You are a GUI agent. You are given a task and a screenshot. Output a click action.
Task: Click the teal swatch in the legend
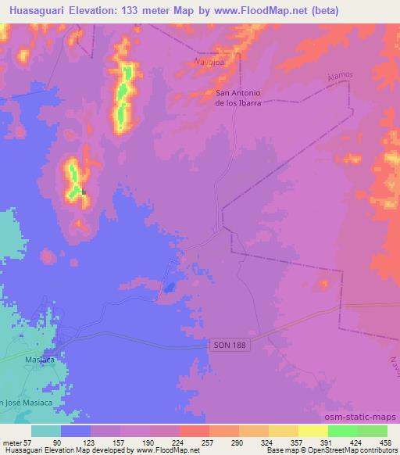[x=46, y=431]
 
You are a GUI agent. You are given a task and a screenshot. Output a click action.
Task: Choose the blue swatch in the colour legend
[x=76, y=431]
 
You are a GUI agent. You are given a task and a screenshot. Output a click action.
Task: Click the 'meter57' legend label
[x=17, y=442]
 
